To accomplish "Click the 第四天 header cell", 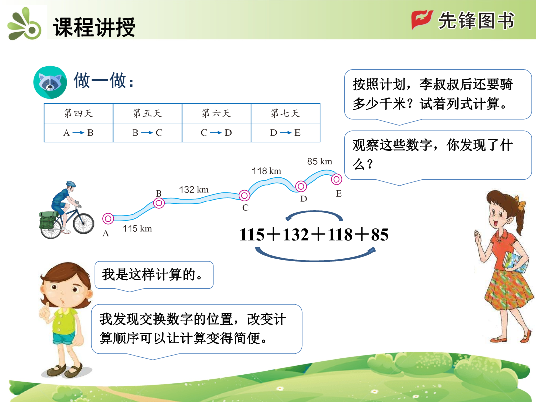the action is coord(78,113).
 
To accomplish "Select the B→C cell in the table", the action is coord(147,133).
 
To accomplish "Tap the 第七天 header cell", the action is coord(285,113).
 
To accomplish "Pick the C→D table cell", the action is coord(216,133).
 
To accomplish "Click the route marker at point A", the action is coord(108,218).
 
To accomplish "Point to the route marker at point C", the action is coord(244,196).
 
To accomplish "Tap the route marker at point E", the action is coord(336,179).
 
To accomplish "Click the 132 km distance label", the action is coord(194,190).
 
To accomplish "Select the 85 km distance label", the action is coord(319,161).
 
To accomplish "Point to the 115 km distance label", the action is coord(137,228).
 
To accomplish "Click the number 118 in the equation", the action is coord(340,235).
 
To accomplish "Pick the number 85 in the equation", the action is coord(380,235).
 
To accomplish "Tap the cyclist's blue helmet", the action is coord(71,184).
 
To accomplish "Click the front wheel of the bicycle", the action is coord(83,223).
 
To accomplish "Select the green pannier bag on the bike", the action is coord(47,220).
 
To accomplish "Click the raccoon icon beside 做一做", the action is coord(50,82).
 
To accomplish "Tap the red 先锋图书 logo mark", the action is coord(422,19).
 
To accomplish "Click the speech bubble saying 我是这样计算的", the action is coord(154,275).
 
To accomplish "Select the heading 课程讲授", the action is coord(94,27).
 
